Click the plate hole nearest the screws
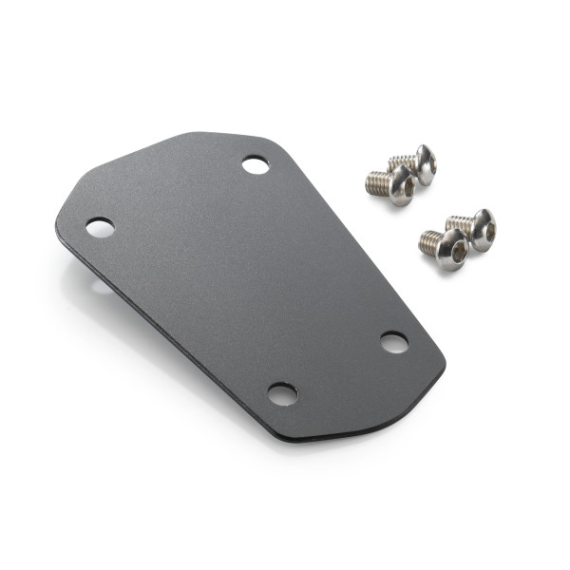(x=255, y=165)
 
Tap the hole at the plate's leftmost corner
(x=100, y=227)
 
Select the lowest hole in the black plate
(x=282, y=393)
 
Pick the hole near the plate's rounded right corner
(x=394, y=342)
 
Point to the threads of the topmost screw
(x=402, y=161)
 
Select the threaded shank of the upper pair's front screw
(x=377, y=183)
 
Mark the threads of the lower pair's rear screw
(x=459, y=224)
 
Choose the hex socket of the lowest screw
(x=457, y=253)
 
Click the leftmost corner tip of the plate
(x=58, y=226)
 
